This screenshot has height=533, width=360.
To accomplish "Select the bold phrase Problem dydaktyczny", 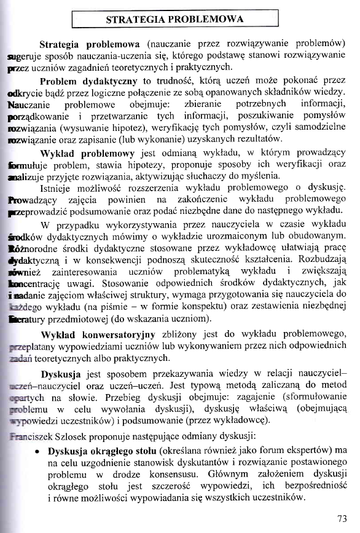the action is [x=87, y=81].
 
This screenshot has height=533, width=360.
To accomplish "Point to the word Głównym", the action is [x=249, y=474].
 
